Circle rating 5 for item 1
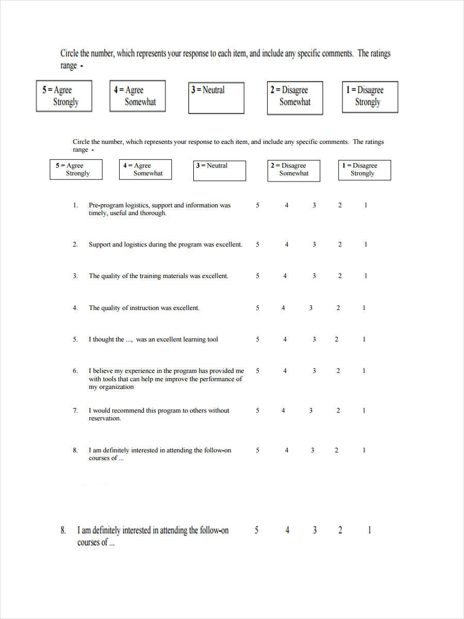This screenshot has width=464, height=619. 258,205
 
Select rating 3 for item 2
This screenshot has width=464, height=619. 314,245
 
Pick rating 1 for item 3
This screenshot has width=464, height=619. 366,276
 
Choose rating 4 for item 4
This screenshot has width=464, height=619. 283,308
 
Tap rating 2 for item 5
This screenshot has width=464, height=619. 337,339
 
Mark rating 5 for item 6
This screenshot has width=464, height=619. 258,371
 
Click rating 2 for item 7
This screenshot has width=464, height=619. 338,411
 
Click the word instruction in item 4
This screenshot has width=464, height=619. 144,308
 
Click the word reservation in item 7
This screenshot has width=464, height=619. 104,418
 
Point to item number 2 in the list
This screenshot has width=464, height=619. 75,245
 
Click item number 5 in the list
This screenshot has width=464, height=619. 75,339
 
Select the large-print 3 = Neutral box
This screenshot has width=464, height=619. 216,97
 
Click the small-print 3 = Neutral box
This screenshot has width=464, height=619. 220,170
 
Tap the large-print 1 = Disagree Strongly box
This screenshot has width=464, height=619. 370,96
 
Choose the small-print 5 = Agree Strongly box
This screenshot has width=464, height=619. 76,170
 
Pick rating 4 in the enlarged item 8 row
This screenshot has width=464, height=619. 287,530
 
